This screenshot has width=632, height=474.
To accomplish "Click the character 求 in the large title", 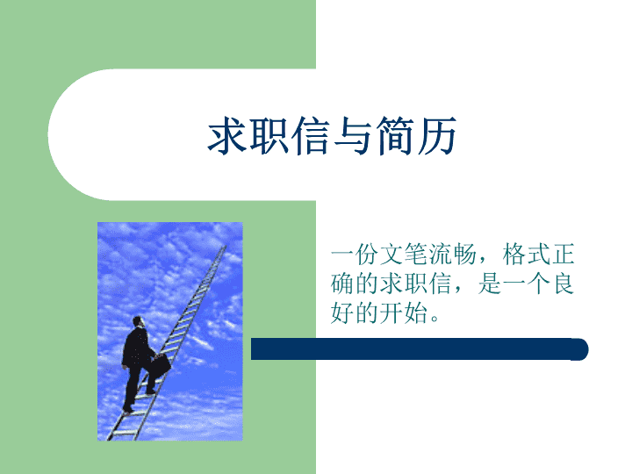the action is pos(227,135).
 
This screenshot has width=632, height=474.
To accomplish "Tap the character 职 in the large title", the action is pos(269,135).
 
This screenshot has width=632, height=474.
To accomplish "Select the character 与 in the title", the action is pos(353,135).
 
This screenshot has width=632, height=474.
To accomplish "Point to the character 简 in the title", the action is pos(395,135).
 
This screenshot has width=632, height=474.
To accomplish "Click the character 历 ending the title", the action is pos(436,135).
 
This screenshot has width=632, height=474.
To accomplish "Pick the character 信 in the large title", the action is pos(311,135).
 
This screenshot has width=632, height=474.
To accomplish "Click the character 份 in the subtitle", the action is pos(367,255).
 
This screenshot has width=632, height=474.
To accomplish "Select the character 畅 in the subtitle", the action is pos(465,255).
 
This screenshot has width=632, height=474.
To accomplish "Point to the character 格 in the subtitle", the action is pos(514,255).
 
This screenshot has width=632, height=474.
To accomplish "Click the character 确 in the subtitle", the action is pos(342,284).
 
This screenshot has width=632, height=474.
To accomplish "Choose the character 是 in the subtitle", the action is pos(490,284).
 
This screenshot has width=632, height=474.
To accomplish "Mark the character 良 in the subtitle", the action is pos(564,284).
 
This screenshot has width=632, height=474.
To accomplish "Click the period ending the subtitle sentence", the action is pos(434,319).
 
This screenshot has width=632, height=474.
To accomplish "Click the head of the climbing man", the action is pos(139,321).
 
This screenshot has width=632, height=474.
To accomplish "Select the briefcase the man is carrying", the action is pos(161,365).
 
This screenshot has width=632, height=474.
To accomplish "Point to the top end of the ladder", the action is pos(225,247).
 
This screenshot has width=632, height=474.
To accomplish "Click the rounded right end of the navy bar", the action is pos(580,349).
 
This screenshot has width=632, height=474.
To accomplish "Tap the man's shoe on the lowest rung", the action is pos(128,410).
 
